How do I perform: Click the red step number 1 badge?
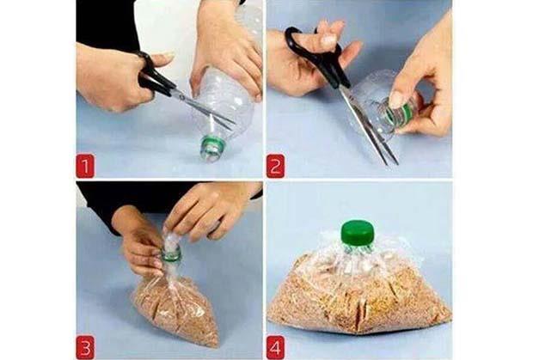(84, 166)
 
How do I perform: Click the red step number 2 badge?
(275, 166)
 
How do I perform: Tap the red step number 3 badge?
(84, 347)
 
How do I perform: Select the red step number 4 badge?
(275, 347)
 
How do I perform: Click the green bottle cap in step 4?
(358, 233)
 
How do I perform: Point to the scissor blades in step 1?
(204, 109)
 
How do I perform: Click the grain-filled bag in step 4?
(359, 292)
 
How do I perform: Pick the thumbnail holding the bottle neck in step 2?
(396, 100)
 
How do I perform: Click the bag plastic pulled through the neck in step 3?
(171, 239)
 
